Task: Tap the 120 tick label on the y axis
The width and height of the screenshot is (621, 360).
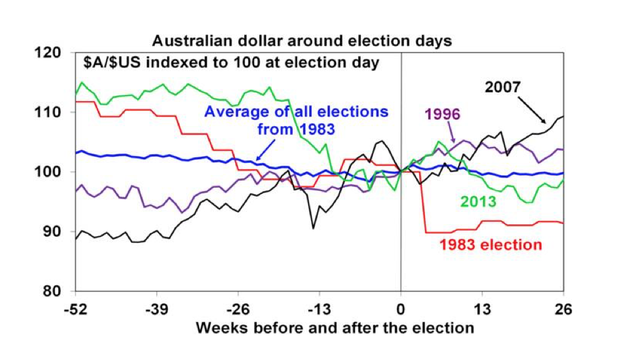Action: pos(59,53)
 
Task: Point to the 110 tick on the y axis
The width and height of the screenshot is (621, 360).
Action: pos(59,112)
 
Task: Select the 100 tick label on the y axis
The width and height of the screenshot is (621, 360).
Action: pos(59,171)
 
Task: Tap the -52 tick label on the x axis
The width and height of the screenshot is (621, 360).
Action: pos(76,308)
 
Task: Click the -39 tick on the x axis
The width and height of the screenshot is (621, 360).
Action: pos(157,308)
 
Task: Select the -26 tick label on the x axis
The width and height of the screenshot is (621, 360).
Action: pos(238,308)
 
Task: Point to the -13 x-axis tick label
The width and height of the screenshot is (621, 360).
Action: pos(319,308)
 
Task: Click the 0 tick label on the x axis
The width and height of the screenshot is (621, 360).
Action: pos(401,308)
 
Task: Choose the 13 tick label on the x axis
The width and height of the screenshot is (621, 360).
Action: pos(482,308)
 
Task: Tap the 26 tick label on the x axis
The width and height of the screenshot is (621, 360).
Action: pos(563,308)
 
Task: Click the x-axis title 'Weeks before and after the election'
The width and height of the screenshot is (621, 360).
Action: pos(334,328)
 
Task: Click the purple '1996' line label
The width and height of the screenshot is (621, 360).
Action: pos(443,114)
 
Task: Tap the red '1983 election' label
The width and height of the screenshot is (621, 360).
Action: pos(491,245)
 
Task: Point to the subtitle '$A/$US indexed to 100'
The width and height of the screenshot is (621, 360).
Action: pos(231,62)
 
